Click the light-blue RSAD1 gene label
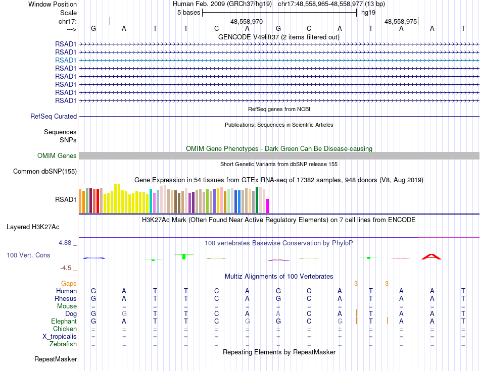pos(66,60)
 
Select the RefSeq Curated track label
pos(54,117)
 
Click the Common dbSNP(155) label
pos(44,172)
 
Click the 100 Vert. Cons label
pos(28,255)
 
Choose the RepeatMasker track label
pos(56,359)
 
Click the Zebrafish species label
pos(63,344)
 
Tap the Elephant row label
pos(64,322)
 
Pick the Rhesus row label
pos(66,299)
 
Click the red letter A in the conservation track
pos(431,257)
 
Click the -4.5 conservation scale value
pos(68,268)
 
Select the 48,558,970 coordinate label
pos(247,22)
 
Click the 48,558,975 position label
pos(401,22)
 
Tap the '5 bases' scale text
pos(188,13)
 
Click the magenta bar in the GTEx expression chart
pos(268,206)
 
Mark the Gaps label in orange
pos(69,284)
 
